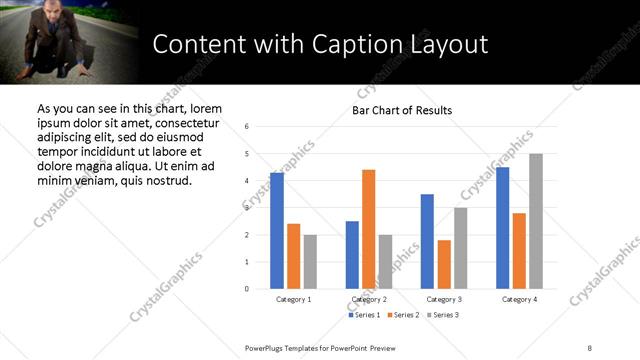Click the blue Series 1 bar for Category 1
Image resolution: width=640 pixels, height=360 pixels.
[276, 231]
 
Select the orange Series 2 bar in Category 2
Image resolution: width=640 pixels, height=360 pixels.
[368, 229]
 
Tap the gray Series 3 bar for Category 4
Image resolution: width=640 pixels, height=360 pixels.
[536, 221]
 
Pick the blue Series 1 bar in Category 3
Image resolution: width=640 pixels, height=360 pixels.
[427, 241]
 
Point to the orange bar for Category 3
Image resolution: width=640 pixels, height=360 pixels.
[444, 264]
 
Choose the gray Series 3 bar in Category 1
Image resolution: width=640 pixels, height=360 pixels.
[310, 262]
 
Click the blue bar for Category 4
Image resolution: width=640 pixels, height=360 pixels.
[502, 228]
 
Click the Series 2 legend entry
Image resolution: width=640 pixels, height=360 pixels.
[402, 315]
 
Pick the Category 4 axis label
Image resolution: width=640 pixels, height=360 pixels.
[518, 299]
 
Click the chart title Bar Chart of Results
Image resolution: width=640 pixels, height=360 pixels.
[402, 110]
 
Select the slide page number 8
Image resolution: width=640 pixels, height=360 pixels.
[590, 347]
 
